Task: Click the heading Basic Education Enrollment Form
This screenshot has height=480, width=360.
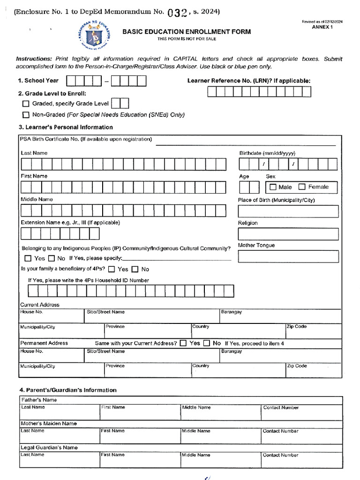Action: (x=187, y=32)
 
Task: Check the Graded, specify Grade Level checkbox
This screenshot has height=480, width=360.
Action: (x=26, y=104)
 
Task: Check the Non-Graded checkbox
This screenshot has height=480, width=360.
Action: (x=26, y=115)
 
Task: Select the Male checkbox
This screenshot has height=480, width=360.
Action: (x=273, y=187)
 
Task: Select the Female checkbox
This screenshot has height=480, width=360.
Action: (x=302, y=187)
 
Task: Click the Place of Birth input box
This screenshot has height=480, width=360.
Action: (x=288, y=211)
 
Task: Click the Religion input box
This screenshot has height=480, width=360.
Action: (x=288, y=234)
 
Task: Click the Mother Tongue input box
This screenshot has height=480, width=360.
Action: (x=288, y=256)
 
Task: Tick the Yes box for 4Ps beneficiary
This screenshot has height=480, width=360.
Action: (x=112, y=270)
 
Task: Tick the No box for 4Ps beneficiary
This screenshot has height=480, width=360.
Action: (x=135, y=270)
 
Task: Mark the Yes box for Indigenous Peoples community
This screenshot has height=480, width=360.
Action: (x=28, y=258)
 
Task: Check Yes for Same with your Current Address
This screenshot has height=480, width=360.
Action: (x=183, y=344)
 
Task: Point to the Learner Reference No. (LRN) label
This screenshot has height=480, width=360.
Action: (x=248, y=81)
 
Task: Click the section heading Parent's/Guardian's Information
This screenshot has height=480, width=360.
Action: (x=67, y=390)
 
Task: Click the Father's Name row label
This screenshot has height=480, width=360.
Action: (x=39, y=400)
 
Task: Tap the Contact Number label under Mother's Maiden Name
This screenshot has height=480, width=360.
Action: (x=280, y=431)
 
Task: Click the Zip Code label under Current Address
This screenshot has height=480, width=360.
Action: (x=297, y=326)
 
